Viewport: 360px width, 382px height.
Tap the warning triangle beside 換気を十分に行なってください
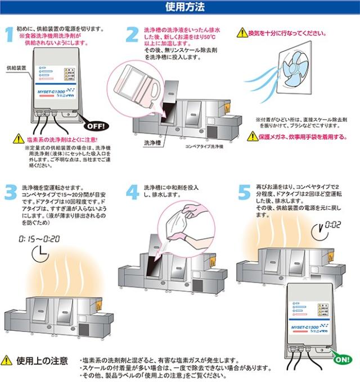[x=241, y=33]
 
